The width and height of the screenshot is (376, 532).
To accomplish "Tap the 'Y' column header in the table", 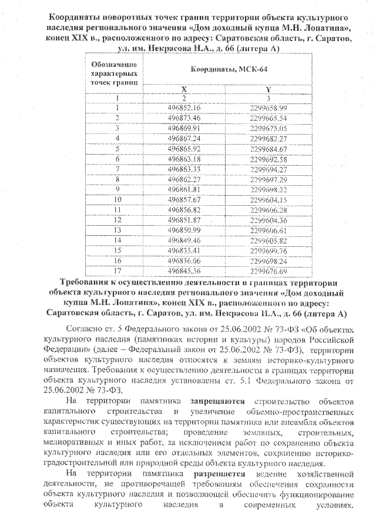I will (268, 88).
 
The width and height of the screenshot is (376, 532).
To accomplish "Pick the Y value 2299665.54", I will (268, 118).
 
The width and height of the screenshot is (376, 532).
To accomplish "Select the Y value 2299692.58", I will (268, 159).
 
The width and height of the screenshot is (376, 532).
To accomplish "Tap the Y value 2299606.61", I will (268, 230).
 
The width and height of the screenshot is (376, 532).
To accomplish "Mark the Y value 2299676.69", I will (268, 271).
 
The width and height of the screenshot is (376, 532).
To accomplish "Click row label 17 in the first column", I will (117, 271).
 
